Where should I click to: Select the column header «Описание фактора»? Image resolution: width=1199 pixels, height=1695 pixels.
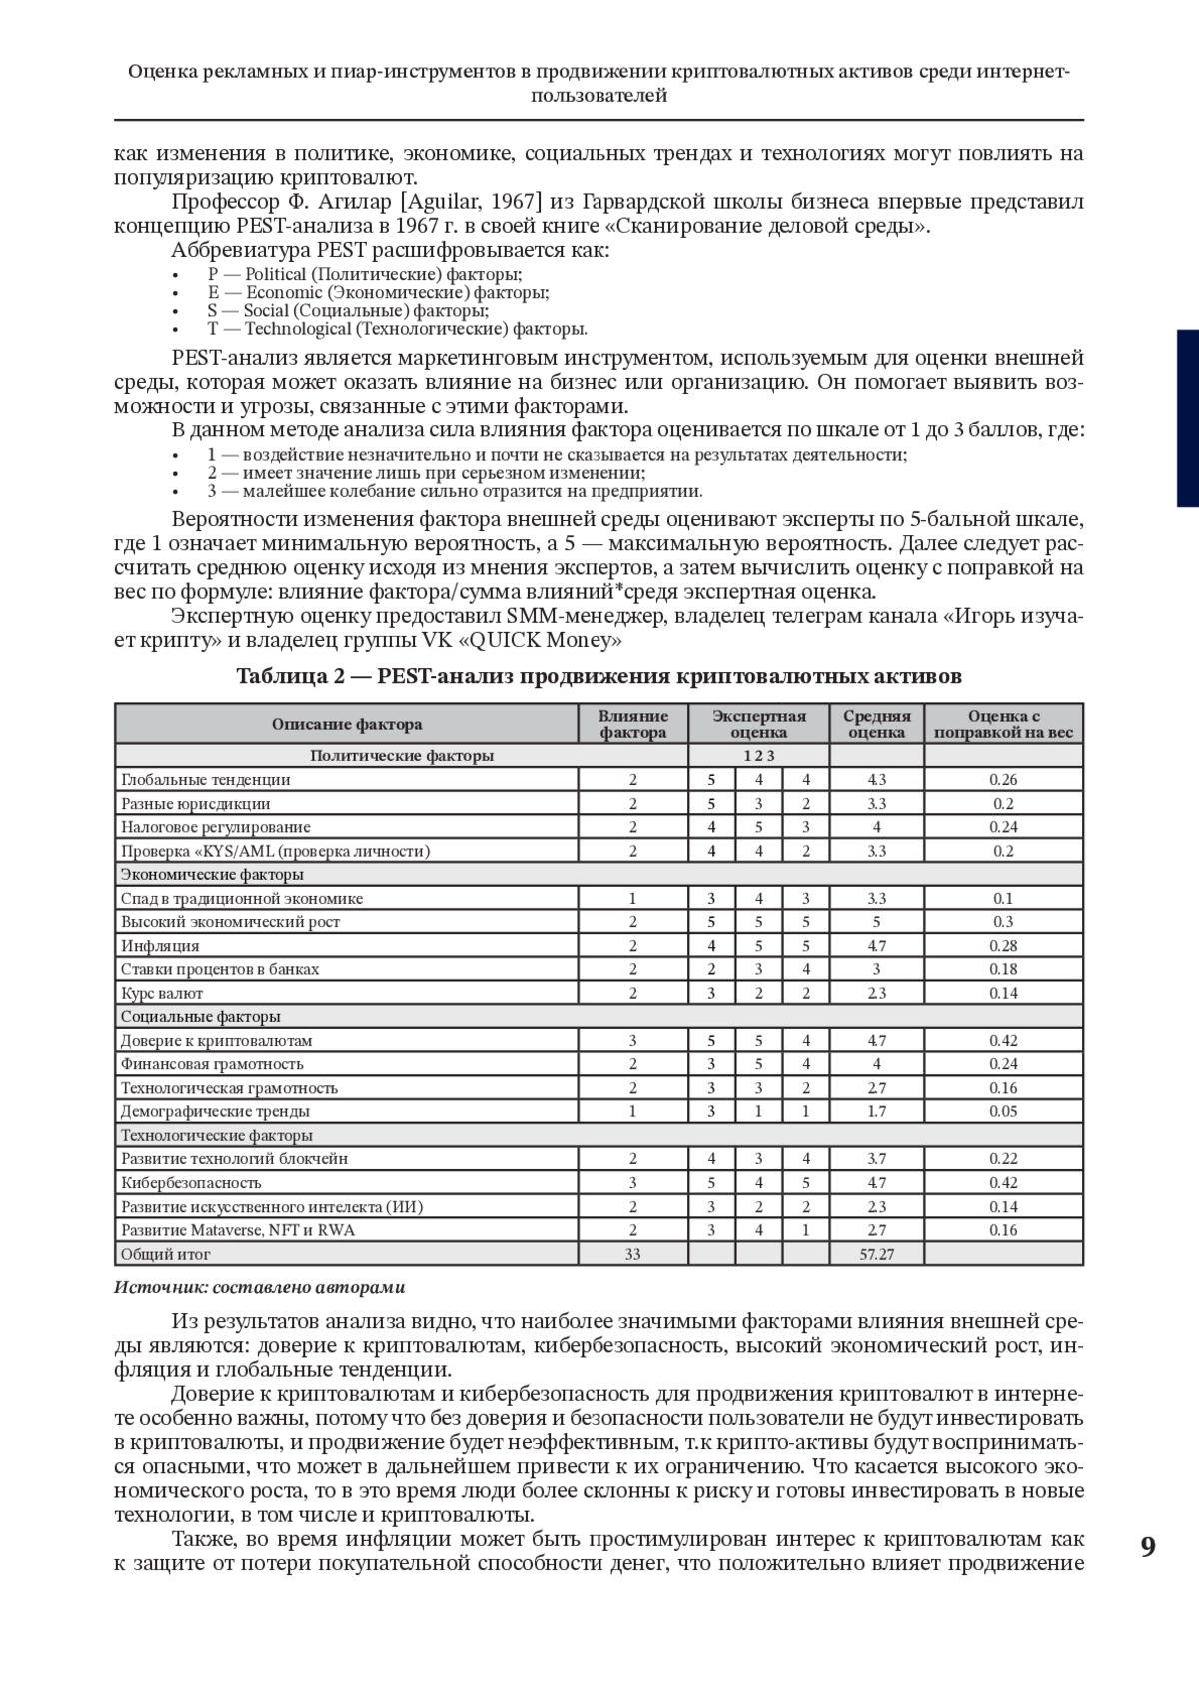pyautogui.click(x=347, y=724)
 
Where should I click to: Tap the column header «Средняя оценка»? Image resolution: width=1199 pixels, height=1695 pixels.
pyautogui.click(x=876, y=724)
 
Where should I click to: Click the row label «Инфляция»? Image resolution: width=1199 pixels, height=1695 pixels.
pyautogui.click(x=160, y=945)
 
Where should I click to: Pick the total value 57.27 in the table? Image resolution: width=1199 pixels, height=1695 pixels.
pyautogui.click(x=876, y=1253)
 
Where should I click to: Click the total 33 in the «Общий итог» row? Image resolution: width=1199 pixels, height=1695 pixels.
pyautogui.click(x=632, y=1253)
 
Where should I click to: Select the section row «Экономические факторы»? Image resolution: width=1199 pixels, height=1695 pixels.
pyautogui.click(x=212, y=874)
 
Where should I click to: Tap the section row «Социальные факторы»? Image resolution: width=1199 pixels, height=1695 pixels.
pyautogui.click(x=200, y=1016)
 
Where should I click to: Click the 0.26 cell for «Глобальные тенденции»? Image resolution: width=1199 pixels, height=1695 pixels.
pyautogui.click(x=1002, y=779)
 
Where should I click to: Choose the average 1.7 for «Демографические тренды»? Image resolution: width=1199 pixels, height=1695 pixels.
pyautogui.click(x=876, y=1111)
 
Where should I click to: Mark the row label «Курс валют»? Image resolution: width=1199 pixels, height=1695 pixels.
pyautogui.click(x=162, y=993)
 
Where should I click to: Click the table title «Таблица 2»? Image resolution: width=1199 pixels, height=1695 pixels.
pyautogui.click(x=290, y=676)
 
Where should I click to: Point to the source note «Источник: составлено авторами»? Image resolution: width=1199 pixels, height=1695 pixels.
pyautogui.click(x=260, y=1287)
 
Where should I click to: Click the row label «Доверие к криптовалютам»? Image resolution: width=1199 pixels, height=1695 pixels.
pyautogui.click(x=216, y=1040)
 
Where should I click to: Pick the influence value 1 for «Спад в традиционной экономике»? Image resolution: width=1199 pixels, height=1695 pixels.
pyautogui.click(x=632, y=898)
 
